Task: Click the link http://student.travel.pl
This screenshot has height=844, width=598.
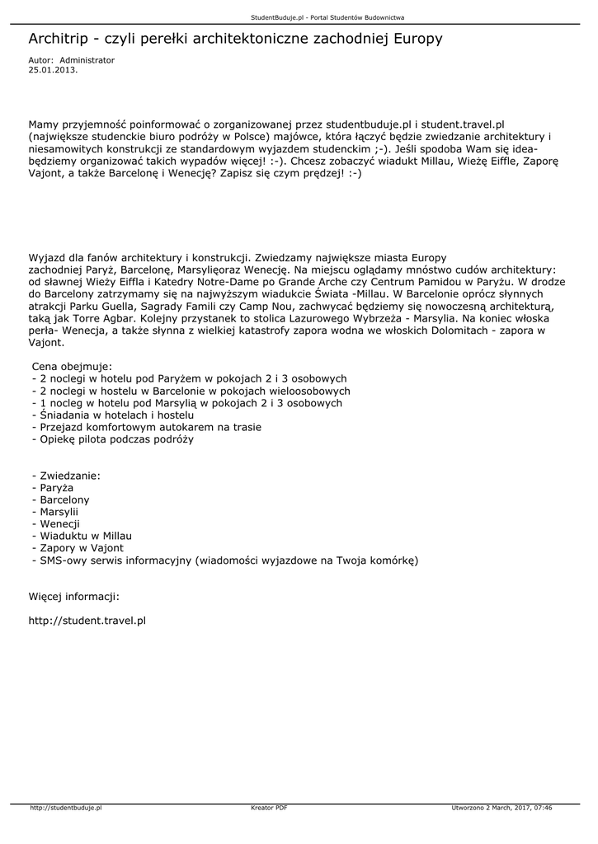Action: click(x=87, y=619)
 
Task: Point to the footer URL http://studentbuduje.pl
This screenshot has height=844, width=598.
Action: click(x=65, y=808)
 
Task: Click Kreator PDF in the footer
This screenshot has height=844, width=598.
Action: click(x=269, y=808)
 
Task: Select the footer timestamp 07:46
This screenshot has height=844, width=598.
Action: click(x=542, y=808)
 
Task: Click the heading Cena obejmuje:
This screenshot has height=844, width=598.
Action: click(x=72, y=366)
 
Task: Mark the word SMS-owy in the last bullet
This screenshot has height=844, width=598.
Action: click(x=64, y=560)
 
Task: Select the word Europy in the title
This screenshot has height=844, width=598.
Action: click(x=418, y=39)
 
